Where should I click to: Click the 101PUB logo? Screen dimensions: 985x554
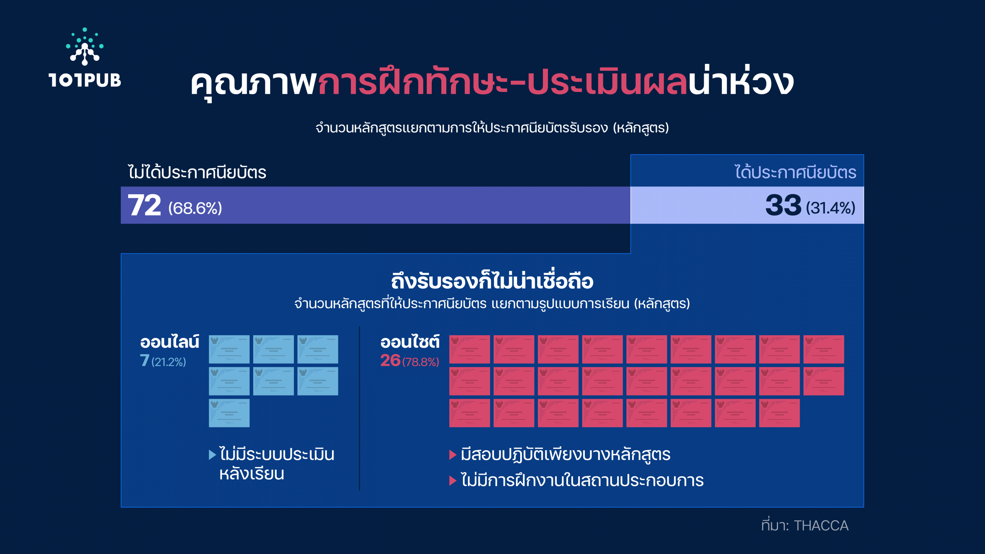[x=85, y=58]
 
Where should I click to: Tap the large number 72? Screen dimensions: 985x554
[x=144, y=205]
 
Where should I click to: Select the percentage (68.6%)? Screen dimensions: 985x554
[x=195, y=208]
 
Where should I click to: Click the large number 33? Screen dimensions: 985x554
[x=783, y=205]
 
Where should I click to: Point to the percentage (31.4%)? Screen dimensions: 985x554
[x=831, y=208]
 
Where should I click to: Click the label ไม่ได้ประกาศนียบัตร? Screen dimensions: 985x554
[x=197, y=172]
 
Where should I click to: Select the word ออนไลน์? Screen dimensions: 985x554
[x=170, y=341]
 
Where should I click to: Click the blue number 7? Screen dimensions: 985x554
[x=144, y=360]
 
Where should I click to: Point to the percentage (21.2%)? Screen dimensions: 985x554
[x=169, y=362]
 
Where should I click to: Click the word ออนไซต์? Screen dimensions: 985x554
[x=410, y=341]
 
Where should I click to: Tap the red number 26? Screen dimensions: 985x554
[x=390, y=360]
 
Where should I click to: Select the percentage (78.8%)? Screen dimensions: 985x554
[x=421, y=362]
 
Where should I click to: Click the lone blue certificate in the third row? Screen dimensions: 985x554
[x=229, y=413]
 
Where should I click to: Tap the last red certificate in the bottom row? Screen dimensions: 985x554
[x=780, y=413]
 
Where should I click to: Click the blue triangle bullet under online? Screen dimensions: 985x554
[x=212, y=455]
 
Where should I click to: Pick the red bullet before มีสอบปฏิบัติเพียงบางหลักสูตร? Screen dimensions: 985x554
[x=453, y=455]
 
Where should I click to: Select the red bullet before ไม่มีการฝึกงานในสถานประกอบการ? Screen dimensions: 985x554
[x=453, y=481]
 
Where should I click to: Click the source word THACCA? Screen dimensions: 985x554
[x=821, y=526]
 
